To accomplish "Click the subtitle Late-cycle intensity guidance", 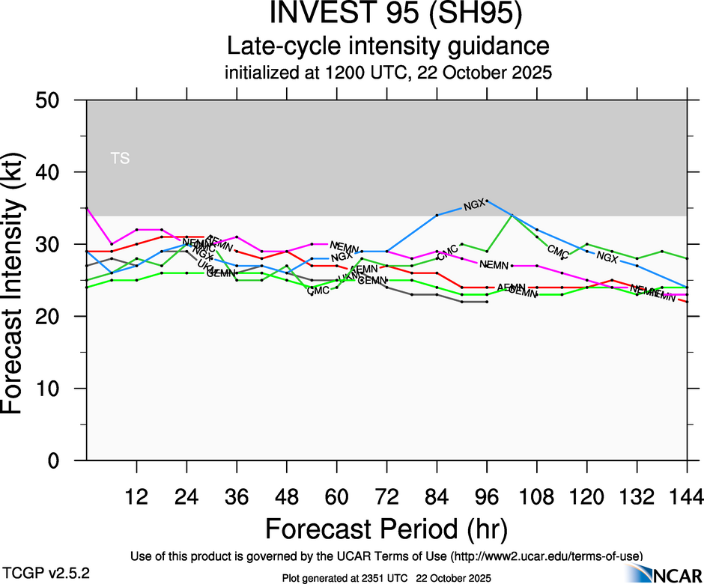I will (x=389, y=46).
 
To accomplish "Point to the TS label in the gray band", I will (x=120, y=158).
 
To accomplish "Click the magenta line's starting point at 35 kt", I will (x=87, y=208).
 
